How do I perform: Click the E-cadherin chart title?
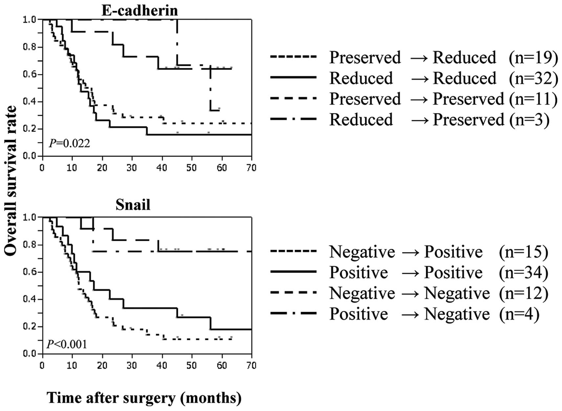point(140,10)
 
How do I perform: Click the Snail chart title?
point(133,205)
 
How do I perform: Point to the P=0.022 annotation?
point(69,143)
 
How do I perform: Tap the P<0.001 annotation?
point(67,344)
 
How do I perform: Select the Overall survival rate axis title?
point(11,180)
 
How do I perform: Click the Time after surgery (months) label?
point(144,398)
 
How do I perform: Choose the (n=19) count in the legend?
point(533,58)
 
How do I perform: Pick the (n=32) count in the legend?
point(533,78)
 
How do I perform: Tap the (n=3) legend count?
point(529,120)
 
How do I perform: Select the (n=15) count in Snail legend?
point(523,252)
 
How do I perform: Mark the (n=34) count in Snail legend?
point(523,273)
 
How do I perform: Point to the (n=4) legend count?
point(519,314)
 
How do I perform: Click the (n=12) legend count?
point(523,293)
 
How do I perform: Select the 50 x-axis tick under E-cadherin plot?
point(191,168)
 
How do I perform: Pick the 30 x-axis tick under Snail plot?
point(132,365)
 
